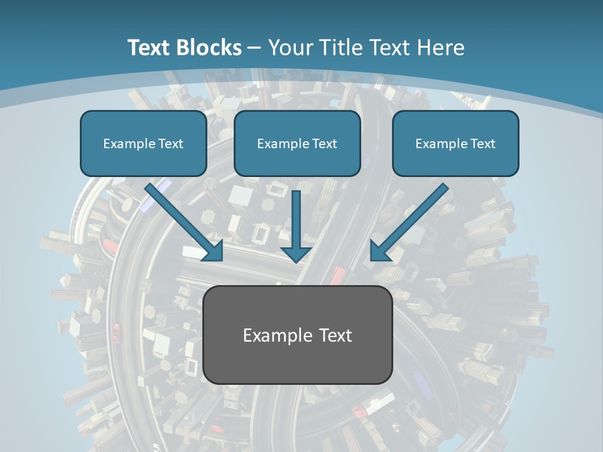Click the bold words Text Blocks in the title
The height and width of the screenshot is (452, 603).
coord(184,48)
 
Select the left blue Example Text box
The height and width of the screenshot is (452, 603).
coord(143,144)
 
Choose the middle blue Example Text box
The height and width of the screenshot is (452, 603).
coord(297,144)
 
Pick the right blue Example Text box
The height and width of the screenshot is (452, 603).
coord(455,144)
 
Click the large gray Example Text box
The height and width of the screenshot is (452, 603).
coord(298,335)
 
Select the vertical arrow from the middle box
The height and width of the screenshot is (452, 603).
coord(296,220)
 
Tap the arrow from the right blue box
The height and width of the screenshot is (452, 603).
coord(411,220)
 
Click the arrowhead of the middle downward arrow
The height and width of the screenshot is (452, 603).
coord(296,253)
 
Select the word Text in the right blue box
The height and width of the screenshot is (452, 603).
coord(482,144)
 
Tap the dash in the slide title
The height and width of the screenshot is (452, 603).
coord(254,48)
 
